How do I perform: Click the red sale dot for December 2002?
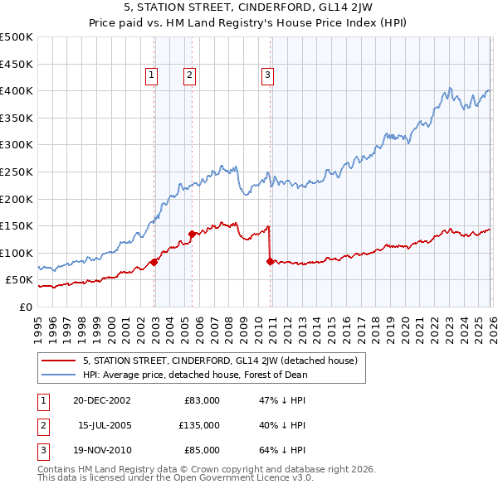(154, 262)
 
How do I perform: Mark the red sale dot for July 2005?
(192, 234)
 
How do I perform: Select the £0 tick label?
(27, 307)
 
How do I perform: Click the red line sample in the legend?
(59, 361)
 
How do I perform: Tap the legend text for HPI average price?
(195, 374)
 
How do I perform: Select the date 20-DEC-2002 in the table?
(101, 400)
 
